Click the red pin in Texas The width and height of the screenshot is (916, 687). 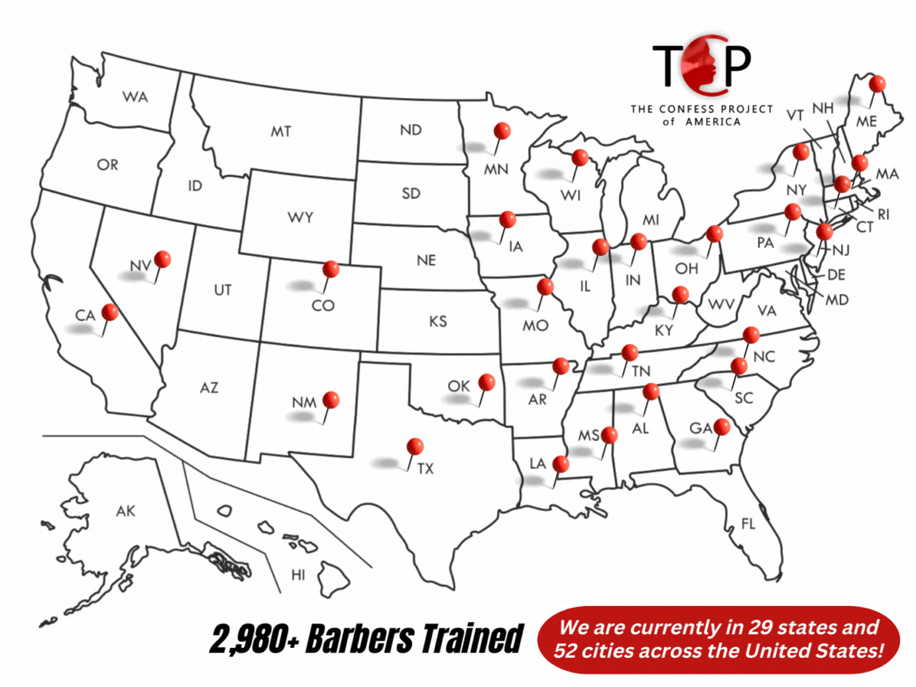pyautogui.click(x=415, y=446)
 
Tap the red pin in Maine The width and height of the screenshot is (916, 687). pyautogui.click(x=877, y=84)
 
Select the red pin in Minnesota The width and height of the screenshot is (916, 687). pyautogui.click(x=502, y=131)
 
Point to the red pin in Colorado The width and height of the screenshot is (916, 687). pyautogui.click(x=331, y=269)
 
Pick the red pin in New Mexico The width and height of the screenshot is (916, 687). pyautogui.click(x=331, y=400)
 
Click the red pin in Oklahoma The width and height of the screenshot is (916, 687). pyautogui.click(x=487, y=382)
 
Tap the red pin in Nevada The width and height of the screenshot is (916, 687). pyautogui.click(x=162, y=259)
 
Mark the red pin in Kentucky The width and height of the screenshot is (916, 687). pyautogui.click(x=680, y=294)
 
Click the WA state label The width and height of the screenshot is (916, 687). pyautogui.click(x=135, y=97)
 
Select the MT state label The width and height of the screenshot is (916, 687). pyautogui.click(x=281, y=131)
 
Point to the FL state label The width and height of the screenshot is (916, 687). pyautogui.click(x=748, y=524)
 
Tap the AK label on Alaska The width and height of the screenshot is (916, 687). pyautogui.click(x=125, y=511)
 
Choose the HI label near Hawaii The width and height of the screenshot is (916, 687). pyautogui.click(x=298, y=574)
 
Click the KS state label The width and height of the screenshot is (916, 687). pyautogui.click(x=437, y=322)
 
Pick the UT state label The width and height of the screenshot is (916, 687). pyautogui.click(x=223, y=290)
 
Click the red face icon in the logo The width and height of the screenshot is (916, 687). pyautogui.click(x=705, y=64)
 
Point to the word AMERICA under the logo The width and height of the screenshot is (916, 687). pyautogui.click(x=713, y=122)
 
